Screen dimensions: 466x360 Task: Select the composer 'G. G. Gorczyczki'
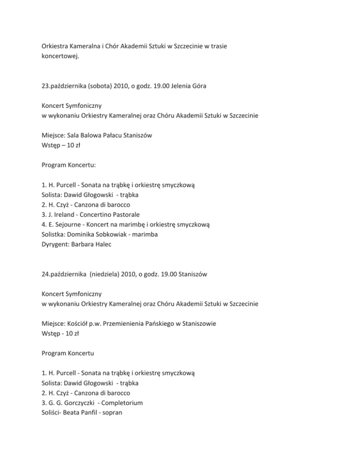[73, 402]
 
